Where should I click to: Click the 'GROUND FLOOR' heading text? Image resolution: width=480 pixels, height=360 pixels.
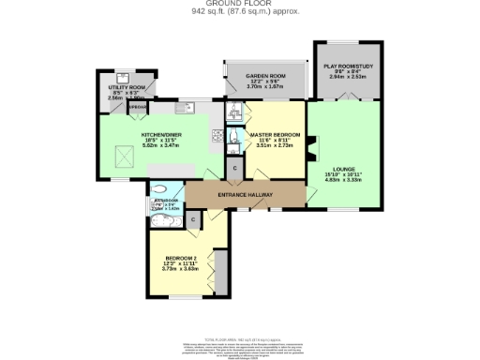[239, 4]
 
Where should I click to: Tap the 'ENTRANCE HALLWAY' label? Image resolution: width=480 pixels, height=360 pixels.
[245, 195]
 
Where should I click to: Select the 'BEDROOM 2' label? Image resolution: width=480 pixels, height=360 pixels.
[181, 258]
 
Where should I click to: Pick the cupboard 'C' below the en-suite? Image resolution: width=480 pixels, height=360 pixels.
[234, 167]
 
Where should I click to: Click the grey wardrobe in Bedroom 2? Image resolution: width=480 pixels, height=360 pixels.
[219, 276]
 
